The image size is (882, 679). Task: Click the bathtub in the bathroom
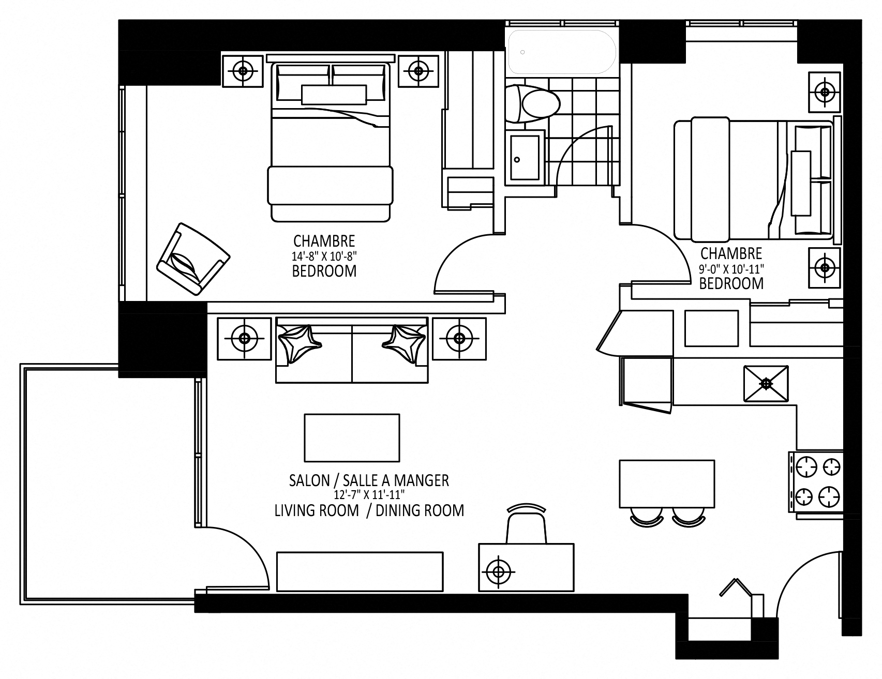pyautogui.click(x=562, y=52)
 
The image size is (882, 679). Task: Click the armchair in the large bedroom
pyautogui.click(x=192, y=260)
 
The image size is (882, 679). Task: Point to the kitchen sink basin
pyautogui.click(x=766, y=383)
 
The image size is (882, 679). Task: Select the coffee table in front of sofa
pyautogui.click(x=352, y=437)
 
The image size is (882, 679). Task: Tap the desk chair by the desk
pyautogui.click(x=526, y=524)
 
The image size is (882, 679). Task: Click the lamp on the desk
pyautogui.click(x=499, y=571)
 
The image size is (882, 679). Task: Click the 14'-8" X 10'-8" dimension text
pyautogui.click(x=324, y=255)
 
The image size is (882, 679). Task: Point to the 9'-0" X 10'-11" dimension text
pyautogui.click(x=731, y=268)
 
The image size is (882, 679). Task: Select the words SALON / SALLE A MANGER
pyautogui.click(x=368, y=480)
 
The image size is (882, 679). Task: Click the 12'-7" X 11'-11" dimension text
pyautogui.click(x=368, y=495)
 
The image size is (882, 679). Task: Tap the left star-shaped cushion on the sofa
pyautogui.click(x=300, y=342)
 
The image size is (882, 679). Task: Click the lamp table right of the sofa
pyautogui.click(x=459, y=339)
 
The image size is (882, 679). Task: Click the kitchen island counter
pyautogui.click(x=666, y=484)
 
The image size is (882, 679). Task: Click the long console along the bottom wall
pyautogui.click(x=360, y=571)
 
